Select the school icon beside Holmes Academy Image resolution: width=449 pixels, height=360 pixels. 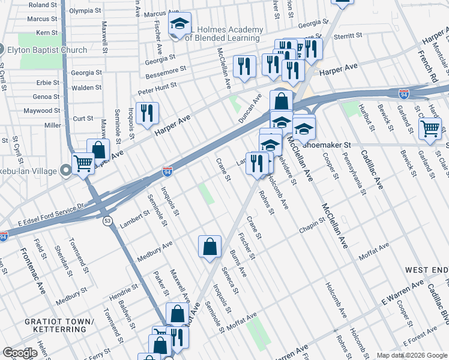pyautogui.click(x=179, y=24)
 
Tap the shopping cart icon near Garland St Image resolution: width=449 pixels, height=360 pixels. pyautogui.click(x=430, y=128)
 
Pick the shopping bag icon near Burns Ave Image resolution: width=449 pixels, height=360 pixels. pyautogui.click(x=209, y=246)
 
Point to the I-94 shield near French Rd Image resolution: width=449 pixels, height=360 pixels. pyautogui.click(x=404, y=94)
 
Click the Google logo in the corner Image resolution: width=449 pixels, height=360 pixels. pyautogui.click(x=19, y=353)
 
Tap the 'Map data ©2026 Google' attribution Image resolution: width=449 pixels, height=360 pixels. pyautogui.click(x=411, y=355)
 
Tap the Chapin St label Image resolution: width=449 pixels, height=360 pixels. pyautogui.click(x=312, y=229)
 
